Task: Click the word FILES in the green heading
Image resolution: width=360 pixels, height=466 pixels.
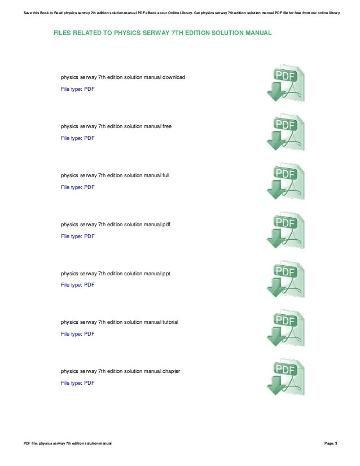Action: (63, 33)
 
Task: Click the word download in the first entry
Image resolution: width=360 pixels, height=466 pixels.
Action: (174, 77)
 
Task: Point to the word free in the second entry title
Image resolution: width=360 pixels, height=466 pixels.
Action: (167, 126)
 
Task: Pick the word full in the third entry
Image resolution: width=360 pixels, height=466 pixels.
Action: (166, 175)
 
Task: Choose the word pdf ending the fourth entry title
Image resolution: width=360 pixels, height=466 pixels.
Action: (166, 225)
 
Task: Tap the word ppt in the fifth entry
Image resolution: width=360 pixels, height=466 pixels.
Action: (166, 274)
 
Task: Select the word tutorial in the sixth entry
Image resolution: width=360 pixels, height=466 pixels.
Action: (170, 322)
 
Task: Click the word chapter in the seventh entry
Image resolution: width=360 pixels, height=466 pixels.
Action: (171, 371)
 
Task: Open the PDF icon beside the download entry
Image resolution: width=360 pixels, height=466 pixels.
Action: (286, 83)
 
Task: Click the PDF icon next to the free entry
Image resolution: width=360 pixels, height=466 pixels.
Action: (286, 133)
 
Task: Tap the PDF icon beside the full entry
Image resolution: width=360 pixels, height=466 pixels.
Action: (286, 182)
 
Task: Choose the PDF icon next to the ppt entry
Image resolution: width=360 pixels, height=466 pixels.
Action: (286, 279)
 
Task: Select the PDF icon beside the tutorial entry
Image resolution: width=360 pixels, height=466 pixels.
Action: (286, 328)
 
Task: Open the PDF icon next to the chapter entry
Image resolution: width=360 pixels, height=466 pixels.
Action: (286, 377)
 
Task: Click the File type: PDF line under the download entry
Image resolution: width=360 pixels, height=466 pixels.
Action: (78, 89)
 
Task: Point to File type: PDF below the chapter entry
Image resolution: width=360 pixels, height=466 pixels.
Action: (78, 383)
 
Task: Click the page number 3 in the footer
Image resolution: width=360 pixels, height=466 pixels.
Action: (336, 443)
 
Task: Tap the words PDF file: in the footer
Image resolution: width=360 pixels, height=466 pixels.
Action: (30, 443)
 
